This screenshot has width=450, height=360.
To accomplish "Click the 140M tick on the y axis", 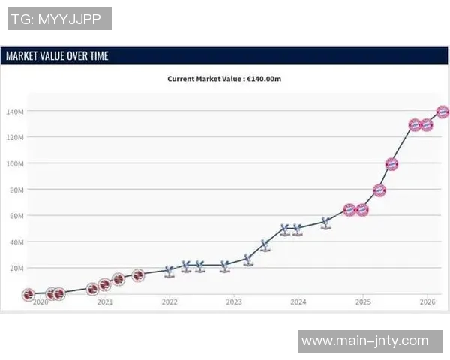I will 16,112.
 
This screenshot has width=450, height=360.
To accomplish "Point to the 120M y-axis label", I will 16,138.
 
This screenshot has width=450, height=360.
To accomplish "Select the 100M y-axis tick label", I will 16,163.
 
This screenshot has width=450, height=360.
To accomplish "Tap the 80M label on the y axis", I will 16,190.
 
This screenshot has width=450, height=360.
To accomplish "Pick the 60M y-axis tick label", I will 16,216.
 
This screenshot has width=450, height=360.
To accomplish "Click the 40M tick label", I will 16,242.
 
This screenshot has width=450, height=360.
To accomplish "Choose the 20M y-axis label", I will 16,268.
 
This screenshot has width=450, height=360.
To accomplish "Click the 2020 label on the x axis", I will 40,302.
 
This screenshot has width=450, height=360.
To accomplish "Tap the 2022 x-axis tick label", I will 169,302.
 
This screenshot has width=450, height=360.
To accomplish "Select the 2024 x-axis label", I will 298,302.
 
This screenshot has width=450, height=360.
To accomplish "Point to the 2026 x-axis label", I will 427,302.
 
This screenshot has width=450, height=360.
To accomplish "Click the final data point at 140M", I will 442,112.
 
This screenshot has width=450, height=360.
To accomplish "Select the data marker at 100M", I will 391,163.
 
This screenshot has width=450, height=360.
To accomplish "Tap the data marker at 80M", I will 379,190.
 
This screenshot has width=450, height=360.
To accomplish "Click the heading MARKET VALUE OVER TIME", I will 57,56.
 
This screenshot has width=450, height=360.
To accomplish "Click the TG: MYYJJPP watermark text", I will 59,19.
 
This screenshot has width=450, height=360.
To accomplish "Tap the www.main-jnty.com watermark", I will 364,341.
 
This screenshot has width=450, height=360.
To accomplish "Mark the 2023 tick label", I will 234,302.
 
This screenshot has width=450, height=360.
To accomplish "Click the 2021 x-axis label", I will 105,302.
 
